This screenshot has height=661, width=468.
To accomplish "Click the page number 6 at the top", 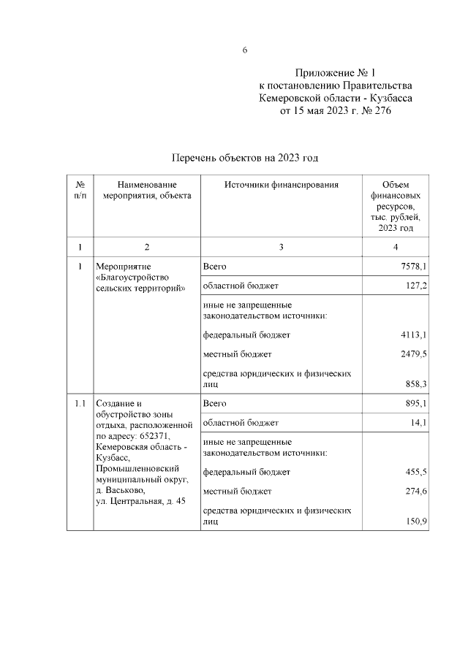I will [245, 50].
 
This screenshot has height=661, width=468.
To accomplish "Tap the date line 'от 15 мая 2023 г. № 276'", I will [336, 112].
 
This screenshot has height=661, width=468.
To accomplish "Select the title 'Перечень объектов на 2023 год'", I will [245, 158].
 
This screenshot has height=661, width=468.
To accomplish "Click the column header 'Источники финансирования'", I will [281, 186].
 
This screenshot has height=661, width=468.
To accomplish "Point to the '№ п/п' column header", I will [80, 191].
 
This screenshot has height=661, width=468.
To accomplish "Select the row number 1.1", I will [80, 403].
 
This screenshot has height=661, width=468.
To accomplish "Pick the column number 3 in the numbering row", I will [281, 247].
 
